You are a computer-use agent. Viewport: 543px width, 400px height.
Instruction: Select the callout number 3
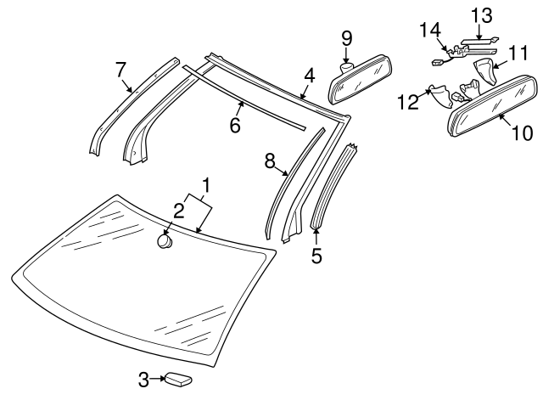(x=143, y=380)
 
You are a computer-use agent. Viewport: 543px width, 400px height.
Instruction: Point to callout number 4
(x=310, y=76)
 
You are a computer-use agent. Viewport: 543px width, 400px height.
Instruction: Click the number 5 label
(x=316, y=255)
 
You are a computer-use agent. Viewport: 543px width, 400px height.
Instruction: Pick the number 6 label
(x=235, y=125)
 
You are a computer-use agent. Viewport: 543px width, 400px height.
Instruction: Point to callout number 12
(x=408, y=102)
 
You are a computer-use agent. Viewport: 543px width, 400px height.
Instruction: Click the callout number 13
(x=481, y=14)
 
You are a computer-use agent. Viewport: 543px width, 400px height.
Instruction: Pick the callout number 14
(x=430, y=31)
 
